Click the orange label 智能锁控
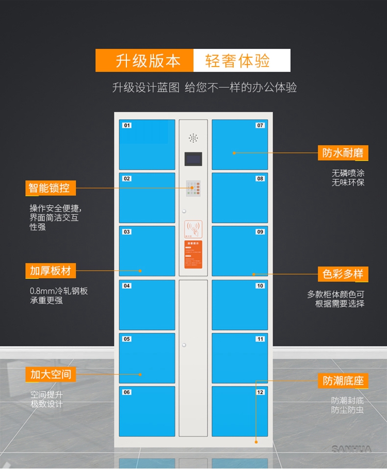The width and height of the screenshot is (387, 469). (x=50, y=188)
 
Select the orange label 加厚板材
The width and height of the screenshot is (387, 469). (x=50, y=271)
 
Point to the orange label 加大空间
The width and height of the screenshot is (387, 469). (x=50, y=374)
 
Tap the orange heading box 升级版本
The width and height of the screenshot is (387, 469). (x=144, y=61)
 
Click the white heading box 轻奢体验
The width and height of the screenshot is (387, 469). (x=241, y=61)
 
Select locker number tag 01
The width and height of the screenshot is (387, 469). (x=127, y=125)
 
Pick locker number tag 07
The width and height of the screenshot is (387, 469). (x=260, y=125)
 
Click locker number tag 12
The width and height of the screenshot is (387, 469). (x=260, y=392)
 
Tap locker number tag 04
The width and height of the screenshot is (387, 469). (x=127, y=286)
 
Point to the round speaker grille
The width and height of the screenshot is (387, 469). (x=193, y=138)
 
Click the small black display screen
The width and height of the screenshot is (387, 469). (x=193, y=160)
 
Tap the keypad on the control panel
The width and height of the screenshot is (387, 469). (x=193, y=190)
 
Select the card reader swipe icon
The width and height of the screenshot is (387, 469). (x=193, y=229)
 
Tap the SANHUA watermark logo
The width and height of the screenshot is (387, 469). (x=351, y=449)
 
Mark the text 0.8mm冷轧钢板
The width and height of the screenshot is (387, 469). (x=59, y=291)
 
